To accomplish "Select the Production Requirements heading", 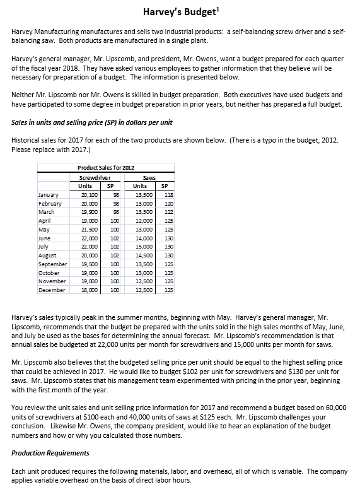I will coord(50,453).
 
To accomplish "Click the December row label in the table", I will coord(52,290).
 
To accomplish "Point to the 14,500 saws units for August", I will coord(145,255).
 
